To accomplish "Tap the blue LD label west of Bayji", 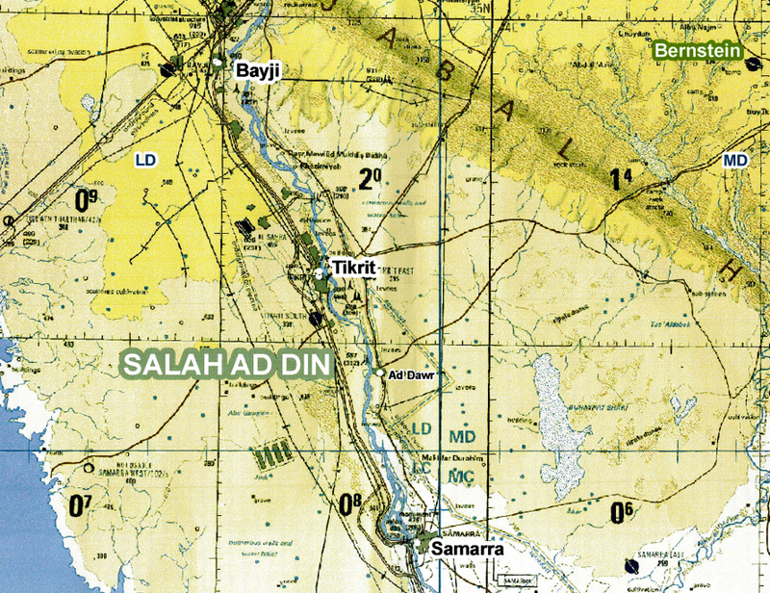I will (x=145, y=158).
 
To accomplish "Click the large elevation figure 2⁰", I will (x=370, y=179).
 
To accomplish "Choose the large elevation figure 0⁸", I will (x=350, y=502).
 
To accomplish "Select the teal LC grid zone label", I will (x=420, y=466).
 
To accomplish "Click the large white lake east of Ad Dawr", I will (x=556, y=414).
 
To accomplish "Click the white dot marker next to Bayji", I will (x=219, y=63).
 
